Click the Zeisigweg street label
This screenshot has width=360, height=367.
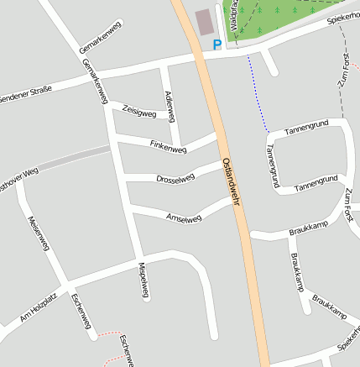[x=139, y=111]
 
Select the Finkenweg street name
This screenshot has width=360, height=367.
[x=168, y=147]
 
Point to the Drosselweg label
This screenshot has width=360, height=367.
[x=175, y=177]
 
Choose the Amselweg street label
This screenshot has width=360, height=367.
[x=185, y=218]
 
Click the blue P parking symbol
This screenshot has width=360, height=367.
[x=217, y=45]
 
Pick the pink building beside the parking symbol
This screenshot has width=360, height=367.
[x=204, y=22]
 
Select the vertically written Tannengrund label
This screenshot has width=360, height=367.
[x=271, y=165]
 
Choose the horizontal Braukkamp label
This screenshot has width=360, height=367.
[x=305, y=227]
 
